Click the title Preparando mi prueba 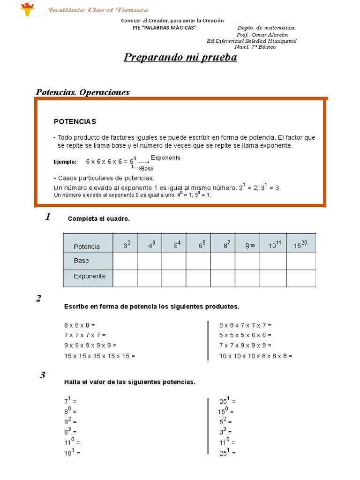(x=180, y=57)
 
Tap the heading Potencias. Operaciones (x=82, y=92)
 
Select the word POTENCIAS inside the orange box (x=75, y=121)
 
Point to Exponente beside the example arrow (x=165, y=158)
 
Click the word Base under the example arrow (x=147, y=168)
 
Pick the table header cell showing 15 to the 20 (x=301, y=244)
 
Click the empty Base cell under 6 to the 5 (x=198, y=261)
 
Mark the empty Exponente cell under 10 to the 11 (x=273, y=277)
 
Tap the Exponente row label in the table (x=89, y=277)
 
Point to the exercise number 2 (x=38, y=299)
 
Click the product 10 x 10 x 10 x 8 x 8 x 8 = (x=255, y=356)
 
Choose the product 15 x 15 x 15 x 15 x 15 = (x=99, y=356)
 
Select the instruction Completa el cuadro (x=98, y=219)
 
